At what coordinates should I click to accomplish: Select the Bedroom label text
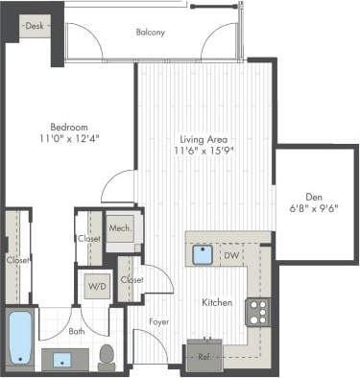point(68,127)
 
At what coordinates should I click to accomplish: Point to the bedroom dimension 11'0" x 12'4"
point(68,138)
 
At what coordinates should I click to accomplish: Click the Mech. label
point(119,228)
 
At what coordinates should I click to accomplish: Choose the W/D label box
point(97,286)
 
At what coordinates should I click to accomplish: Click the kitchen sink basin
point(203,254)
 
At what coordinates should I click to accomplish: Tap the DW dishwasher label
point(230,255)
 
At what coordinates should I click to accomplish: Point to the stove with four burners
point(257,312)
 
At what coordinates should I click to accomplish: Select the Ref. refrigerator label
point(204,356)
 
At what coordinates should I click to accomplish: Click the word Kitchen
point(217,302)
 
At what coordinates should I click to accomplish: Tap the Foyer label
point(159,321)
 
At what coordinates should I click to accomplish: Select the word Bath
point(77,331)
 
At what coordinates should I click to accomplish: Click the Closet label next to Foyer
point(132,280)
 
